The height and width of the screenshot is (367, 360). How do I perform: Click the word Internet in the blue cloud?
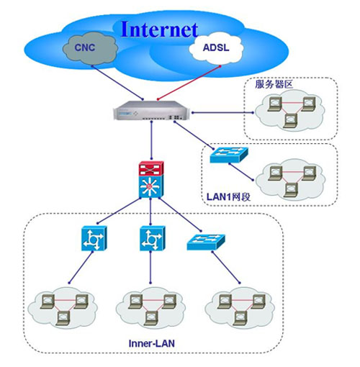click(x=160, y=30)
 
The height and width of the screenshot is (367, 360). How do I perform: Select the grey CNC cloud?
click(x=90, y=48)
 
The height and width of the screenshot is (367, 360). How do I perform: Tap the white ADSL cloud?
click(x=216, y=48)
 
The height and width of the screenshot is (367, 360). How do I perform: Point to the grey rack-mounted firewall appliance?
click(x=152, y=110)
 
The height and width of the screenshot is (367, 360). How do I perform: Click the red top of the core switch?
click(x=151, y=168)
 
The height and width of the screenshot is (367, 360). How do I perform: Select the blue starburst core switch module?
click(x=151, y=186)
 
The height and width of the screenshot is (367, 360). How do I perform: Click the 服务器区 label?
click(x=274, y=84)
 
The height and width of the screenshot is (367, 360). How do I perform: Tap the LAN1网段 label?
click(x=228, y=197)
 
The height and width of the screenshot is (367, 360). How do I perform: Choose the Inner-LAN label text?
click(x=152, y=343)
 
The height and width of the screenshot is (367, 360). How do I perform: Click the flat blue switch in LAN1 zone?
click(x=229, y=155)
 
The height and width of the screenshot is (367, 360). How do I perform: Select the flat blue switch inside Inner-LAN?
click(x=206, y=242)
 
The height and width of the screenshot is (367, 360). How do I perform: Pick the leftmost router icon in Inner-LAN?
click(x=94, y=238)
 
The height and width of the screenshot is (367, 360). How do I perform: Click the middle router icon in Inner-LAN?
click(x=153, y=238)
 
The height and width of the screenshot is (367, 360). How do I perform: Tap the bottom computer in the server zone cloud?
click(x=290, y=121)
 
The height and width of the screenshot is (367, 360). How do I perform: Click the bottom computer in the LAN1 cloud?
click(x=291, y=190)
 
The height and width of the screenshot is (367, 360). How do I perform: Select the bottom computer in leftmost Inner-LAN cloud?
click(x=63, y=318)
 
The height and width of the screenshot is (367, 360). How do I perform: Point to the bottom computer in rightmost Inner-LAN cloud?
click(x=240, y=318)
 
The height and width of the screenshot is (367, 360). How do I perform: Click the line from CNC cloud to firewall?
click(x=117, y=82)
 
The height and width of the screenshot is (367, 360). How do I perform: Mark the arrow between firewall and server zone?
click(x=222, y=112)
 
